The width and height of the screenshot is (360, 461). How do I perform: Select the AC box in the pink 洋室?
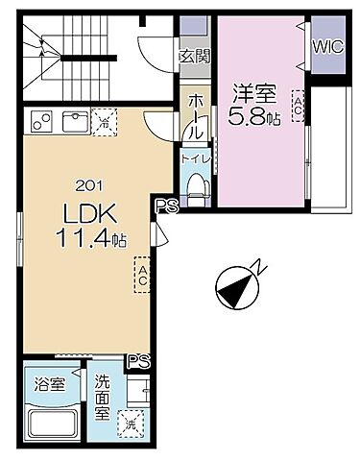click(x=299, y=105)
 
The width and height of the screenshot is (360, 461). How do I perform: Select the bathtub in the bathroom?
click(x=51, y=423)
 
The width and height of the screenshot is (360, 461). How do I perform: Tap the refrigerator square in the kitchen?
click(x=104, y=122)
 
